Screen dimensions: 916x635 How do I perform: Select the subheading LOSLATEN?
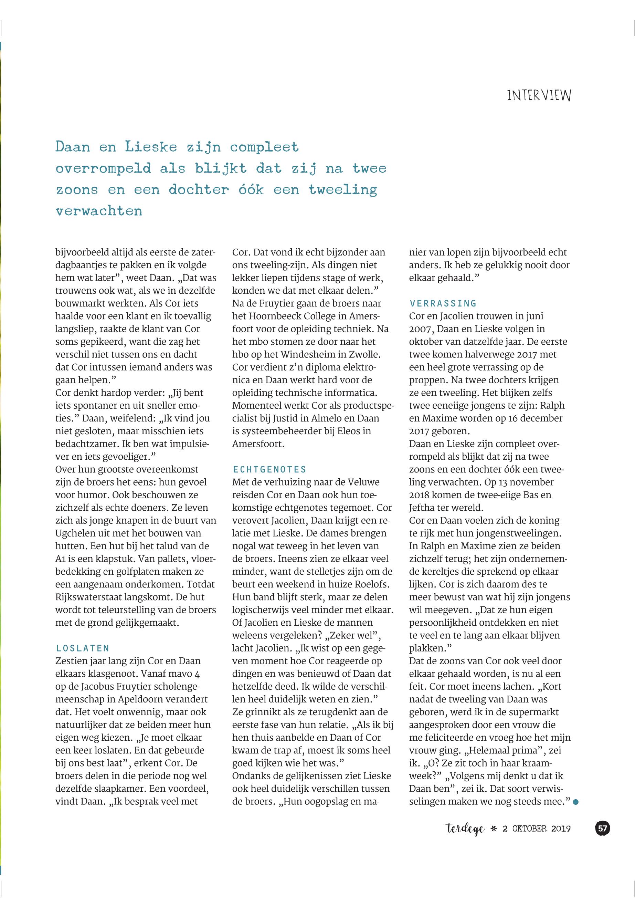[83, 648]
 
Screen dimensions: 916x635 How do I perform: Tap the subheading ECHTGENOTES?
[270, 469]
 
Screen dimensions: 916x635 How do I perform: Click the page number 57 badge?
[602, 829]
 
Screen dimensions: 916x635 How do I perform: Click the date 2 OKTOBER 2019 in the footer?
[537, 829]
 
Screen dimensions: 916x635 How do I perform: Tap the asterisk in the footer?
[494, 829]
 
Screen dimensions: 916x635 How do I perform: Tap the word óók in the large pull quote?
[251, 189]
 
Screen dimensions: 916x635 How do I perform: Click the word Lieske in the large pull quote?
[151, 147]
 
